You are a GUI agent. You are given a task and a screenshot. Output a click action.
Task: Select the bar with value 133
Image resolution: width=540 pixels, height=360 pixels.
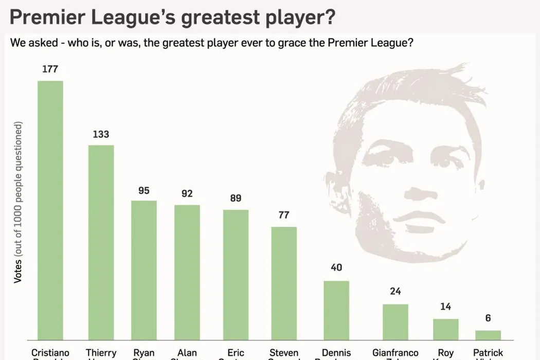coord(101,242)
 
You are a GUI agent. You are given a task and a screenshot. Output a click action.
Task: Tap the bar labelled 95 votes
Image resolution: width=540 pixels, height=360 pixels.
coord(144,269)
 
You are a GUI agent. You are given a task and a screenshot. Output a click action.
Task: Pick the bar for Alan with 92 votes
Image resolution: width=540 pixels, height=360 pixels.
coord(187,272)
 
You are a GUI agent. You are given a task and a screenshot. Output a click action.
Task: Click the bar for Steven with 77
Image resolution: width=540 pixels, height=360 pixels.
coord(284,283)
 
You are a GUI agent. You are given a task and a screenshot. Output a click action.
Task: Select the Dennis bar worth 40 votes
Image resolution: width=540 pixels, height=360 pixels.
coord(336,310)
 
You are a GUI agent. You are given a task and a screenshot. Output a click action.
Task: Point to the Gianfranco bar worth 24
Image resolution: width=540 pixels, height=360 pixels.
coord(395,322)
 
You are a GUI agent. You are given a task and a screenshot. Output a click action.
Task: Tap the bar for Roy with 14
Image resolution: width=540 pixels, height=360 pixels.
coord(445,329)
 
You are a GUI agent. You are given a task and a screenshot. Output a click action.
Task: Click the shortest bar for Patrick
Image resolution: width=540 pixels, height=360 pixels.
coord(488,335)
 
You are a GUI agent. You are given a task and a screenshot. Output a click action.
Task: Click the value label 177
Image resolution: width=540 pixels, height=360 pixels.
coord(50,69)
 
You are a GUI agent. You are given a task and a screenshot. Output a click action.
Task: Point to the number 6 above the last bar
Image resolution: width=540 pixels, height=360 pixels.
coord(488,318)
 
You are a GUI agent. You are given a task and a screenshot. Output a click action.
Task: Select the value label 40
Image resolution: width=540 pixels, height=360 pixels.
coord(336,268)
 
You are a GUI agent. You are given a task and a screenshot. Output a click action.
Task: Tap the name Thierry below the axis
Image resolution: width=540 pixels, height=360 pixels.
coord(101,353)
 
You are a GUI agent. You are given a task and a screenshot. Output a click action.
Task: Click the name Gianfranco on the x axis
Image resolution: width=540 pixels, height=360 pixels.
coord(395,353)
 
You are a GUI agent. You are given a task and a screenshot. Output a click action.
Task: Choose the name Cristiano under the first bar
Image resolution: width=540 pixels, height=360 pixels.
coord(50,353)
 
